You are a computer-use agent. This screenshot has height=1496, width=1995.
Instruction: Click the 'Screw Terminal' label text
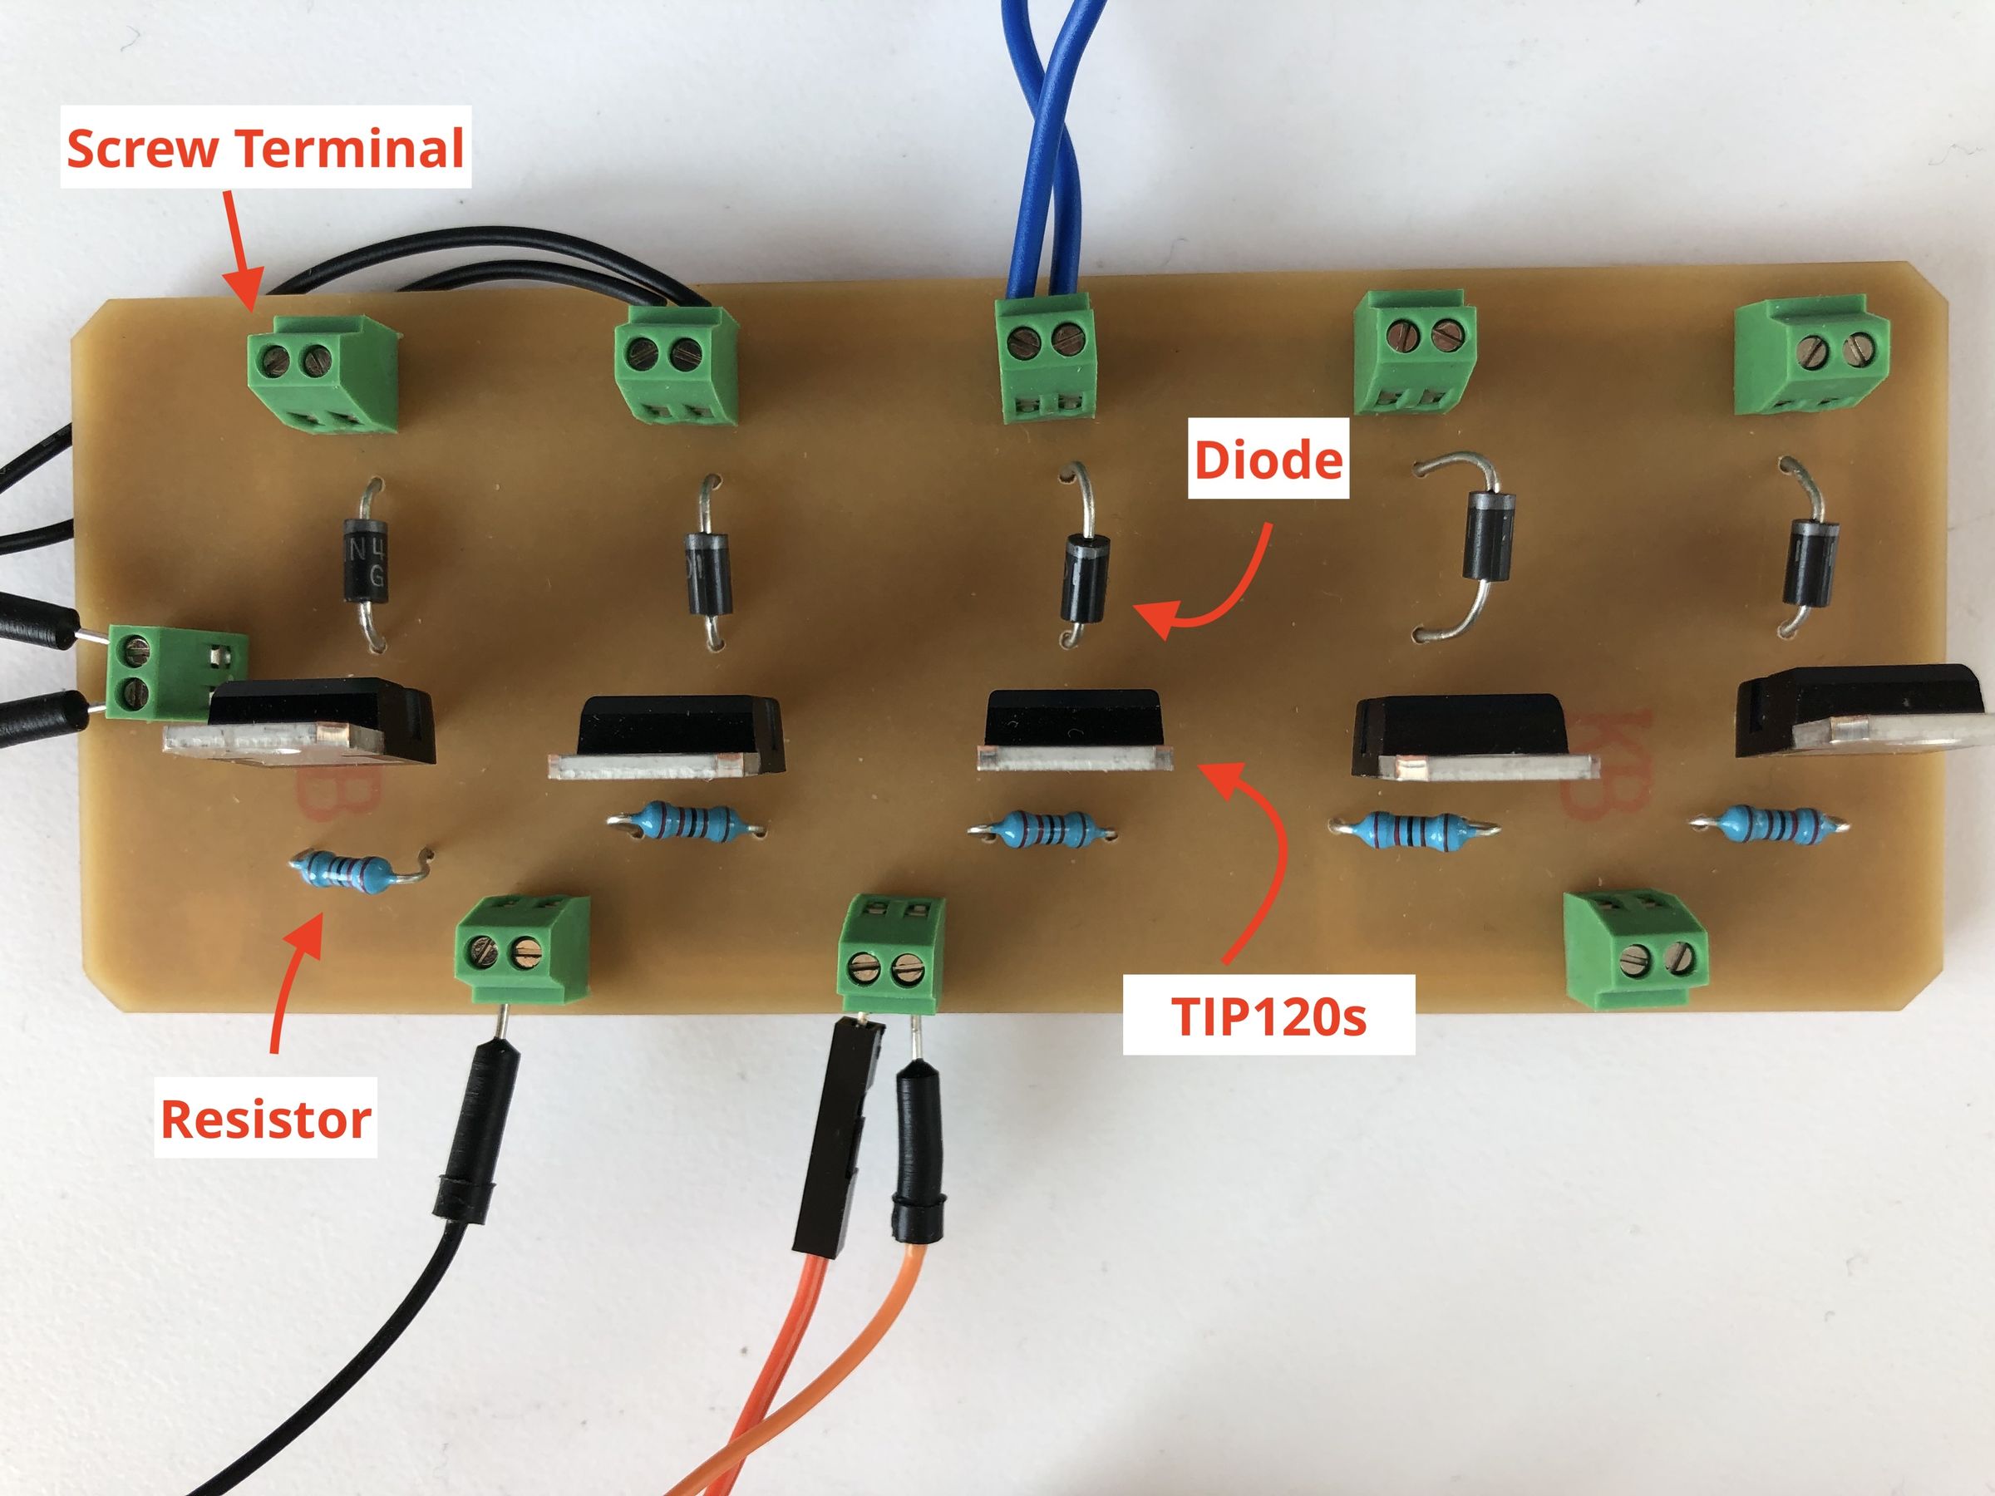tap(265, 148)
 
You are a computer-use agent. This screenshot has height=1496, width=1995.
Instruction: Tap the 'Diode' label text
tap(1267, 460)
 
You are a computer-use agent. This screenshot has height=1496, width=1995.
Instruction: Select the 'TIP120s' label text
tap(1267, 1016)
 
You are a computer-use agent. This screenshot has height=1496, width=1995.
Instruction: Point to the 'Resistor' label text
tap(265, 1119)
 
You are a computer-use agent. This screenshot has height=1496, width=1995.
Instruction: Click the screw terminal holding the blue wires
tap(1048, 359)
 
